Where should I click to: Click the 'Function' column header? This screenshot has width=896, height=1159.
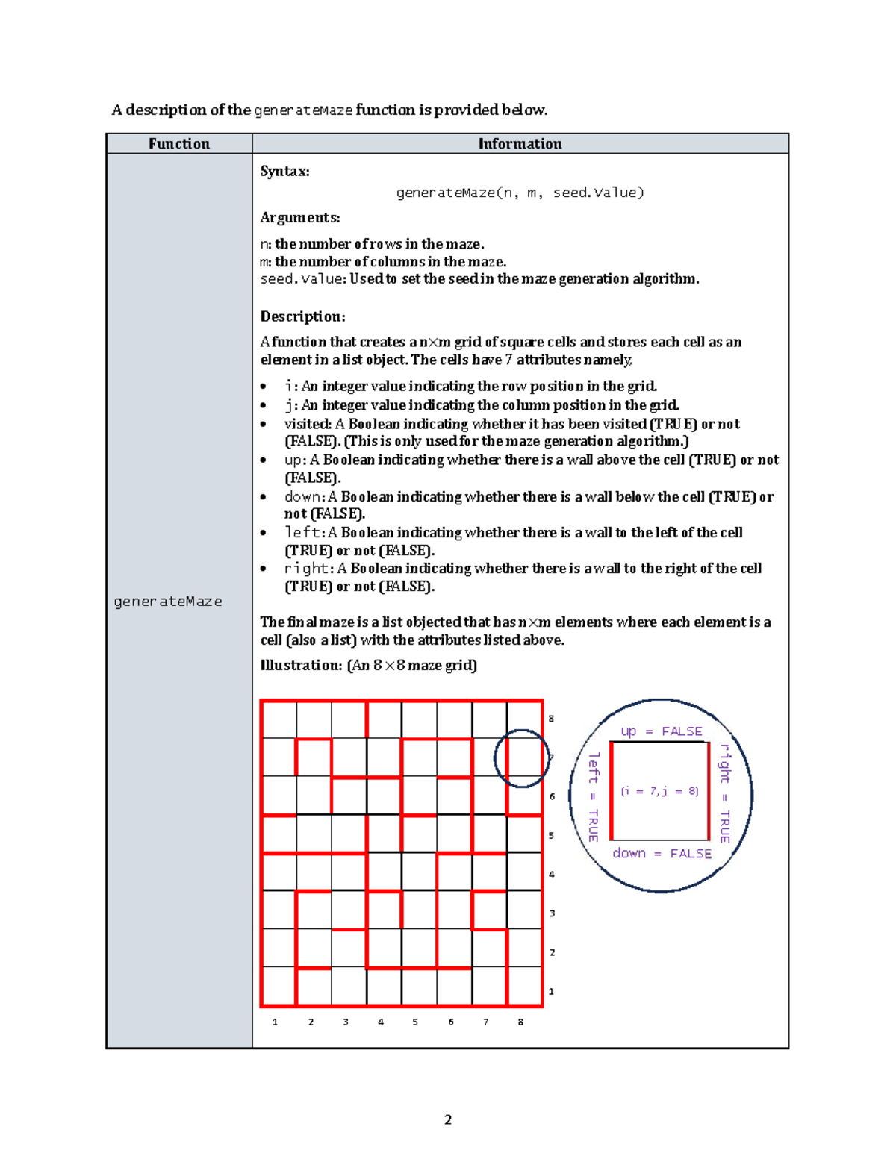click(178, 144)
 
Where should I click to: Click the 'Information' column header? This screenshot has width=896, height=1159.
click(520, 144)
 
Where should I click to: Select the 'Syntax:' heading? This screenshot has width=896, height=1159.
click(284, 172)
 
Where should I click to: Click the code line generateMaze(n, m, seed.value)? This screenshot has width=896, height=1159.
click(520, 193)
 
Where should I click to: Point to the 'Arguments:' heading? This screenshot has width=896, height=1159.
click(299, 218)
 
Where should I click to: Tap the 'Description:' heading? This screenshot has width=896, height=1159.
click(302, 316)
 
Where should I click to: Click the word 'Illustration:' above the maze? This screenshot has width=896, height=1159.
click(301, 665)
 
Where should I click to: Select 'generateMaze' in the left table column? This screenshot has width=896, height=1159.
click(168, 602)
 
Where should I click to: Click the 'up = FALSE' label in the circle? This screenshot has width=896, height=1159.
click(661, 731)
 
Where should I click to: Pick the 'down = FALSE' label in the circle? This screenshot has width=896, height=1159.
click(662, 853)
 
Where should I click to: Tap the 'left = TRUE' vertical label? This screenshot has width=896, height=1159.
click(594, 796)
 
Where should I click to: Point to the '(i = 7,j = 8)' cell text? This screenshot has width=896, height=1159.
click(659, 791)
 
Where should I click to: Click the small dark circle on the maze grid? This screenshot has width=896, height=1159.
click(522, 758)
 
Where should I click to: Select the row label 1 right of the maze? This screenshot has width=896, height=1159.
click(552, 992)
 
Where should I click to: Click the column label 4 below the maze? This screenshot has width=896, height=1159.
click(381, 1022)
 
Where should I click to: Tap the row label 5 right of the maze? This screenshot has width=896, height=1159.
click(552, 836)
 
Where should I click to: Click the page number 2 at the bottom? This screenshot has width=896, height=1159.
click(448, 1119)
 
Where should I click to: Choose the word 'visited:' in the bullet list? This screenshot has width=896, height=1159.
click(308, 424)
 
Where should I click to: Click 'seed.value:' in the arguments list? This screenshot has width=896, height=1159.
click(302, 279)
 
